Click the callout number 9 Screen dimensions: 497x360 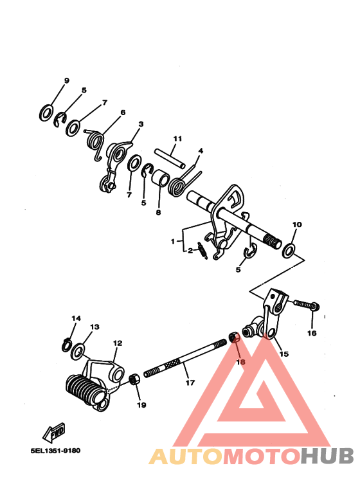point(66,80)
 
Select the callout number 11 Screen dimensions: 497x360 point(177,138)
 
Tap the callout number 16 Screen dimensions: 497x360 point(312,333)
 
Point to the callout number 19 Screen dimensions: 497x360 point(141,405)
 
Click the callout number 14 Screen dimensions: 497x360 point(76,318)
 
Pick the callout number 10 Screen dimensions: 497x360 point(296,225)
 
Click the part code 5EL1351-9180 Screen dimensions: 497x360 point(55,450)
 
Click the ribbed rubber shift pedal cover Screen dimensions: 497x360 point(84,389)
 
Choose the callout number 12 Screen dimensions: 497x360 point(118,343)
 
